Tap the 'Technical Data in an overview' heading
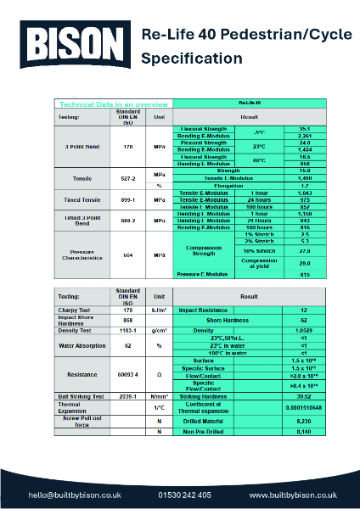(101, 103)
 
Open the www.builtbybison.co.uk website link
(293, 494)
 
